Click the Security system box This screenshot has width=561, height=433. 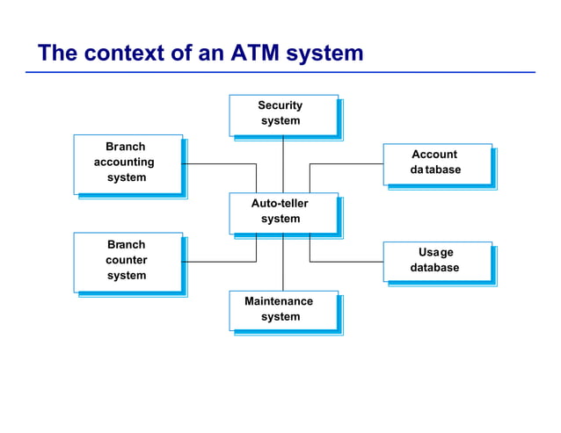tap(282, 114)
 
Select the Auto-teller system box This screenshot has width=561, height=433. tap(282, 213)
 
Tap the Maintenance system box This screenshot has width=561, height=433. tap(282, 310)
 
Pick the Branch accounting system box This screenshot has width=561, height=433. tap(127, 163)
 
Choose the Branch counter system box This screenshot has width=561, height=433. tap(127, 261)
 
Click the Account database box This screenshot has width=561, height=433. tap(436, 163)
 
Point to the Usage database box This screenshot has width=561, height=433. tap(436, 261)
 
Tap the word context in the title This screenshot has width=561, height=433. tap(123, 53)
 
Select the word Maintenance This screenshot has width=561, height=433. tap(279, 301)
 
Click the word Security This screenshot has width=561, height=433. tap(280, 105)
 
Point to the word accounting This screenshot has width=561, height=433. tap(124, 162)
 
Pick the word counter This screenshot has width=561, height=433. tap(127, 260)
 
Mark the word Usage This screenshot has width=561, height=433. tap(436, 252)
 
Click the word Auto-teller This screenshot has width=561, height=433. tap(280, 204)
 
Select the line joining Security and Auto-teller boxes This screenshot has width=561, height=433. tap(283, 164)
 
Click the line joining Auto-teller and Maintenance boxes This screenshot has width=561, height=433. tap(283, 263)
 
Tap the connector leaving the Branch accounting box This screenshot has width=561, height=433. tap(220, 164)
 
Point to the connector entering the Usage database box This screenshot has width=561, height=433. tap(347, 262)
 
